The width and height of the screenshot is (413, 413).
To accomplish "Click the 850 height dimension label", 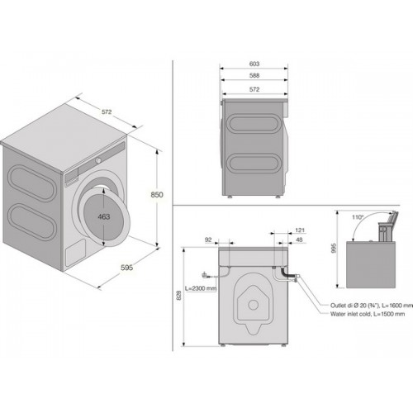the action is click(x=157, y=195).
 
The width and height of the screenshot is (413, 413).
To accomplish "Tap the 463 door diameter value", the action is click(x=104, y=216).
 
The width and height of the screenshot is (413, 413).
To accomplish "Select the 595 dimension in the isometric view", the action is click(x=127, y=268).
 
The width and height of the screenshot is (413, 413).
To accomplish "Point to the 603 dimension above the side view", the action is click(x=254, y=64).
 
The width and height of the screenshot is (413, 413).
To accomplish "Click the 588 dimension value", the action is click(x=254, y=75).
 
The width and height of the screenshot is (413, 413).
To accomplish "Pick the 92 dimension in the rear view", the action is click(x=208, y=240).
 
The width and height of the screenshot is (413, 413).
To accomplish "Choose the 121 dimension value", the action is click(x=300, y=230).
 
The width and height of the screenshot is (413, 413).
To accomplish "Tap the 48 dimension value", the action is click(x=299, y=240).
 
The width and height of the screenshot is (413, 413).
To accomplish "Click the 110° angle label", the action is click(x=358, y=217).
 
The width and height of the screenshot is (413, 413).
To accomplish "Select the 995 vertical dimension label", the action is click(x=335, y=248).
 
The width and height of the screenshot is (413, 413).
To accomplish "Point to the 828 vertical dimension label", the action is click(x=179, y=296).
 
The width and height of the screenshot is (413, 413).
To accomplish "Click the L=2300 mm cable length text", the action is click(x=201, y=288).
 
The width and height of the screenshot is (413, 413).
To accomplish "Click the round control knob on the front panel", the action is click(x=98, y=160).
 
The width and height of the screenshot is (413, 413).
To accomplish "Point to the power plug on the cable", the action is click(x=205, y=275).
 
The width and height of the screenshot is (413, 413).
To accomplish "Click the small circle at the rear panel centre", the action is click(x=253, y=305).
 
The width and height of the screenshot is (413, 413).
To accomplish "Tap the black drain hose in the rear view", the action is click(x=287, y=273).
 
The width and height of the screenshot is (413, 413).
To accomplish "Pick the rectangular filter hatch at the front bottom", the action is click(x=75, y=253).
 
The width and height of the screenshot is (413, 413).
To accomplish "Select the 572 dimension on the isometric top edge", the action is click(x=107, y=112).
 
